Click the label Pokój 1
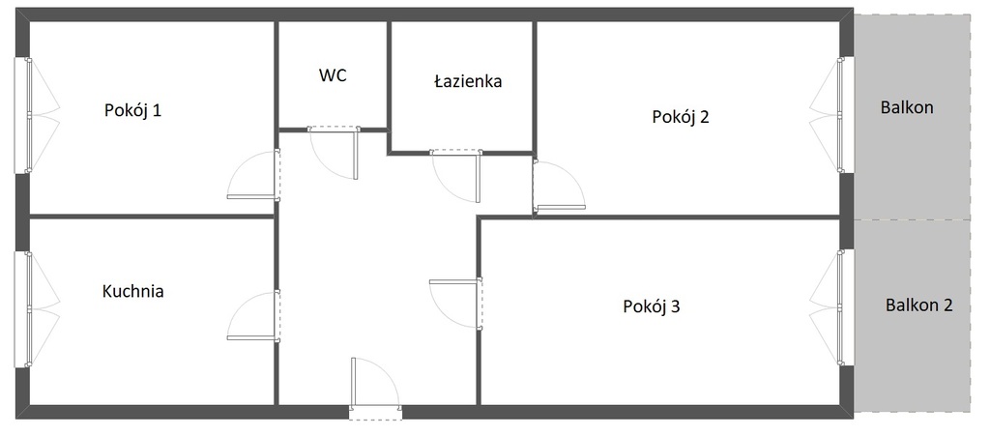(132, 111)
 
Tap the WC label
(333, 75)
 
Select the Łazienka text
(468, 81)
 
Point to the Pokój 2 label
(681, 117)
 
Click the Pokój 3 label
(652, 306)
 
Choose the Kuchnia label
(132, 292)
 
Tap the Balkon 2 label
(918, 306)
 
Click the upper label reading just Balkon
(907, 108)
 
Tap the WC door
(334, 154)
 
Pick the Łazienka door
(456, 177)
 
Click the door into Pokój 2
(559, 185)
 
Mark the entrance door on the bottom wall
(375, 388)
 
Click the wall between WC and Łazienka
(389, 75)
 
